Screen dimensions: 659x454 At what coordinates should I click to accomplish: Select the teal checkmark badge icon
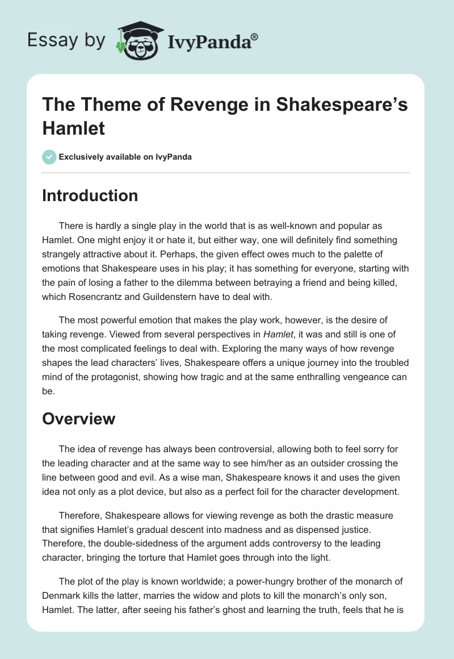click(49, 157)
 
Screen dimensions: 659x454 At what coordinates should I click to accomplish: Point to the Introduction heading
click(90, 196)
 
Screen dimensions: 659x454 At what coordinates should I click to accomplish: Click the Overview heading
click(78, 419)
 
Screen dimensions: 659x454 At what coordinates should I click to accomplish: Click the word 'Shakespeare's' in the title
click(340, 106)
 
